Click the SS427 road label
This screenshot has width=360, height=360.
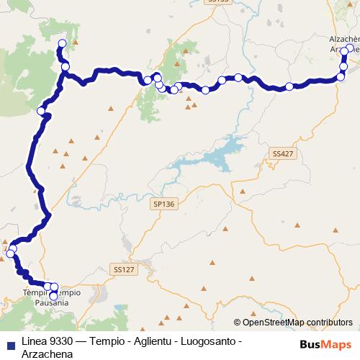coord(283,153)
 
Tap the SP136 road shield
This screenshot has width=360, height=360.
coord(164,204)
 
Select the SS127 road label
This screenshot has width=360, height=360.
coord(125,269)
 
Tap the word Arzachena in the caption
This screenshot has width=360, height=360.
coord(47,354)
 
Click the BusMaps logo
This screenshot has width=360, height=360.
coord(325,344)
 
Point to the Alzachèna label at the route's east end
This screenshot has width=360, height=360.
coord(343,37)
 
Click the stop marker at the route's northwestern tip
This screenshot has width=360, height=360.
coord(61,45)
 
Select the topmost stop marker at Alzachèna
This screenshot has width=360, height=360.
coord(350,49)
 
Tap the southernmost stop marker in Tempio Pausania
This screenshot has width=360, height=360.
coord(53,296)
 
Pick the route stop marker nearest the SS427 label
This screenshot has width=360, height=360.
coord(289,86)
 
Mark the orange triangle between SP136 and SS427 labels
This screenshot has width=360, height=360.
coord(243,192)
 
